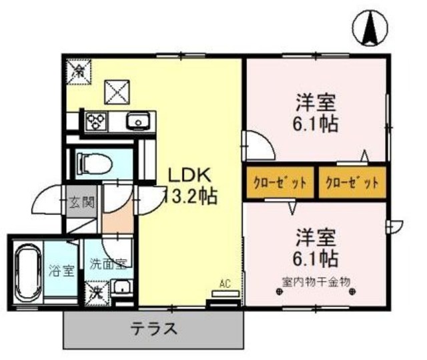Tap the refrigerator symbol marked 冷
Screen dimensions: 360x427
point(77,68)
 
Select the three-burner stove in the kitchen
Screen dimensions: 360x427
point(95,122)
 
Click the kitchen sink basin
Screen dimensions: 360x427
point(138,122)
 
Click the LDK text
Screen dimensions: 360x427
point(189,176)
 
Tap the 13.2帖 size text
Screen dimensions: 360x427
point(189,197)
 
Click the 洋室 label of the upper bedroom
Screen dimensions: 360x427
point(316,104)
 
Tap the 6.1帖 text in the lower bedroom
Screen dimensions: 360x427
point(316,258)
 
